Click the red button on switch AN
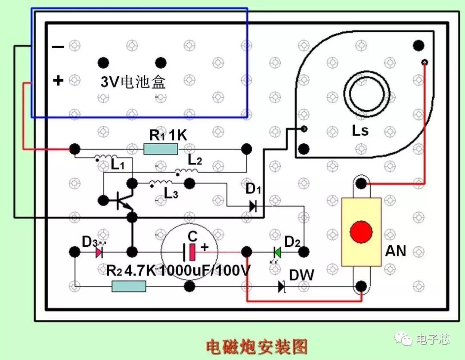361,232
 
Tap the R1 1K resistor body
161,149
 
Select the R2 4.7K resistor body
129,286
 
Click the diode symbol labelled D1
253,206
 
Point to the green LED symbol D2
277,251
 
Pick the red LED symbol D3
99,251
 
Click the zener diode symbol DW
282,286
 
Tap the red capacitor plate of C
192,252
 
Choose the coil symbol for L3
160,184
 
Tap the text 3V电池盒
133,81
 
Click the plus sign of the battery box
58,81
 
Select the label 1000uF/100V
205,271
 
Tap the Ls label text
360,130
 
